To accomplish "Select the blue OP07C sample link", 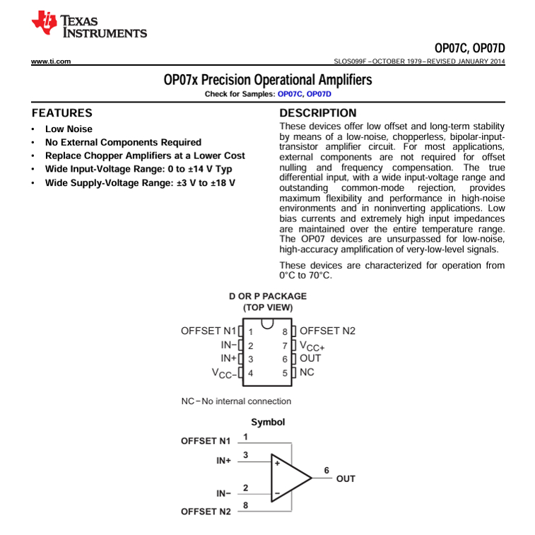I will pos(290,93).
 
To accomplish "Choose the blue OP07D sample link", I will pos(319,93).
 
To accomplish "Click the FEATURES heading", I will pos(62,113).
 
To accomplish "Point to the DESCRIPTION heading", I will pos(318,113).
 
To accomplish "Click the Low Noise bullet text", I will pos(69,129).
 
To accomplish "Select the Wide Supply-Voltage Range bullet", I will pos(140,183).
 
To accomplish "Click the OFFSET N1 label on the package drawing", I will pos(209,331).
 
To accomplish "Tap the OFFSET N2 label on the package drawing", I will pos(327,331).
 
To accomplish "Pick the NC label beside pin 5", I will pos(307,372).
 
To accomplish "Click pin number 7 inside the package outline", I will pos(284,346).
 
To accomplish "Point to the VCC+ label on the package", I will pos(312,346).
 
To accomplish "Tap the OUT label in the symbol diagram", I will pos(346,479).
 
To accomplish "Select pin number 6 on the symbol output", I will pos(326,470).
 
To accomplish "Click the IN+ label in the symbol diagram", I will pos(224,460).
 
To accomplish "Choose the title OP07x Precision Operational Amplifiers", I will pos(267,80).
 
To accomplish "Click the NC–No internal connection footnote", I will pos(236,401).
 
